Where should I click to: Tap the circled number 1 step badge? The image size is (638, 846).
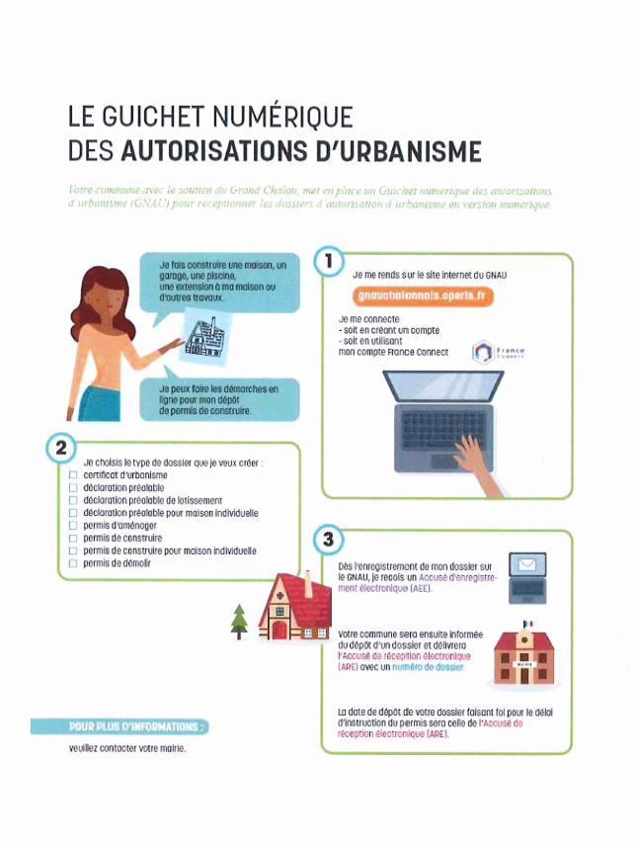click(x=327, y=263)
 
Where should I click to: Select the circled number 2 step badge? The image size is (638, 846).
click(x=59, y=448)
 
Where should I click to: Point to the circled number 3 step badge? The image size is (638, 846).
click(x=327, y=540)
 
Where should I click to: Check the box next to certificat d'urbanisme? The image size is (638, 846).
click(x=73, y=475)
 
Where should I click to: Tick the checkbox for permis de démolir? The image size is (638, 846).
click(x=73, y=563)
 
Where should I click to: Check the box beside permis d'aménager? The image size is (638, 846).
click(x=73, y=526)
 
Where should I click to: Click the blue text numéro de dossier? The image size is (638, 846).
click(x=429, y=668)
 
